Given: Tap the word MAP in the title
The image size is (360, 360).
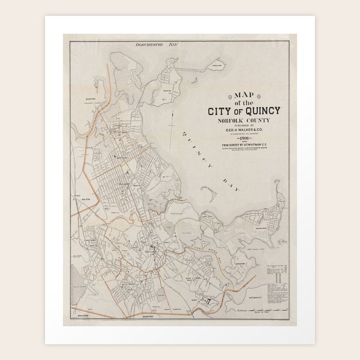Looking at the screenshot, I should [245, 95].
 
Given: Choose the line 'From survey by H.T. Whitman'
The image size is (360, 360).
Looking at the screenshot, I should [245, 146].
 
